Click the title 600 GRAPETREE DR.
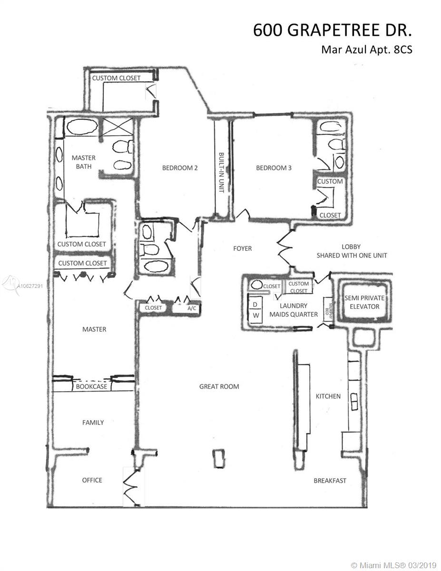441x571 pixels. click(x=332, y=30)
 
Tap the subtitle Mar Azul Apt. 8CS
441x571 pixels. click(x=366, y=49)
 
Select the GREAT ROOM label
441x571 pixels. click(x=219, y=386)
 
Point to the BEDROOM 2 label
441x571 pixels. click(x=180, y=167)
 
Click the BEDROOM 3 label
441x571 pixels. click(x=274, y=167)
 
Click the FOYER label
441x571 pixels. click(x=242, y=248)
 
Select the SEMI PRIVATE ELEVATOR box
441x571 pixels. click(x=365, y=302)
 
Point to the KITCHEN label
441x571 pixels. click(x=328, y=396)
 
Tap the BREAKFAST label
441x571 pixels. click(x=330, y=481)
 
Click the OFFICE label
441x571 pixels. click(x=92, y=480)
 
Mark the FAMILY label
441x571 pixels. click(x=93, y=422)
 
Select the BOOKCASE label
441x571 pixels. click(x=92, y=387)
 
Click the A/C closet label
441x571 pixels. click(x=192, y=308)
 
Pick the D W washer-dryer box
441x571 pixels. click(x=255, y=310)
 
